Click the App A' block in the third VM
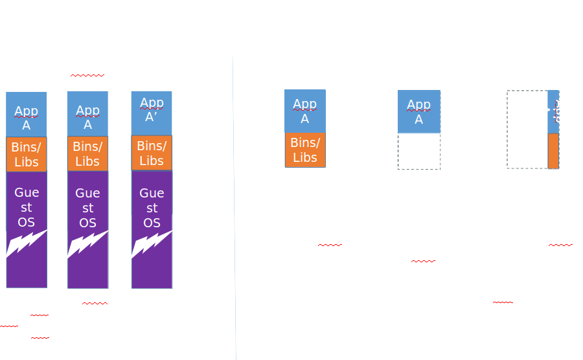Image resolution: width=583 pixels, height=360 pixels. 152,111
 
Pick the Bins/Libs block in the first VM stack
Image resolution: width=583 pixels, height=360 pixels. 26,154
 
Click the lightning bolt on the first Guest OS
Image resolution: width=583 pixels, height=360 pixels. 26,244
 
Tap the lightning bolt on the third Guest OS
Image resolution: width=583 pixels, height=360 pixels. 152,244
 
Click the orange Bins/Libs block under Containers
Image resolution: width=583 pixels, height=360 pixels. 304,150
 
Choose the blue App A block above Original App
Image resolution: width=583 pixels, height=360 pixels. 304,111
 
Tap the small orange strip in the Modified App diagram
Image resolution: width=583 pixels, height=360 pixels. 553,151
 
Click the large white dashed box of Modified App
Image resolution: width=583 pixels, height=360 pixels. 527,129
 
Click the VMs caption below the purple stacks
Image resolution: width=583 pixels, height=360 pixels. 95,297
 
